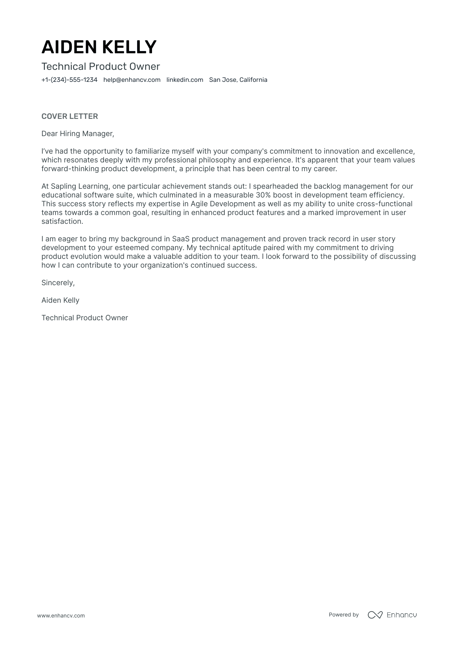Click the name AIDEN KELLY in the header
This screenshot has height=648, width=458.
[99, 47]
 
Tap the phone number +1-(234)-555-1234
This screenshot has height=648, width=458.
[69, 80]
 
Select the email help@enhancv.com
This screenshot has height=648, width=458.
[132, 80]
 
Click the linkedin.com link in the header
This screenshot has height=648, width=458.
[185, 80]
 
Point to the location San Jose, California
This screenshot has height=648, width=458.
[238, 80]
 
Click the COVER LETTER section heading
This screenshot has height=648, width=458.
[70, 116]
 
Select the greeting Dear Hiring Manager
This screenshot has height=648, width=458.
[78, 133]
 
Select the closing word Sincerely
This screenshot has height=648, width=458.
[58, 283]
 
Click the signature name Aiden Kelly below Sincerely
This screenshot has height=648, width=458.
[60, 300]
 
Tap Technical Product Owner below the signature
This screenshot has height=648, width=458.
[85, 318]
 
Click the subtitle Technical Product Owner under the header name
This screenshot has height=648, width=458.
[101, 67]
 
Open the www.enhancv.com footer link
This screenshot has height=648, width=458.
[61, 616]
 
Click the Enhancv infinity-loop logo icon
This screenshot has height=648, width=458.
[375, 615]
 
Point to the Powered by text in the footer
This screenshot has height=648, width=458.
[344, 615]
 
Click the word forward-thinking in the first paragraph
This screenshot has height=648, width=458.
[70, 169]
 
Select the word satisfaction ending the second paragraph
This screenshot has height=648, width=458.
[62, 221]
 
